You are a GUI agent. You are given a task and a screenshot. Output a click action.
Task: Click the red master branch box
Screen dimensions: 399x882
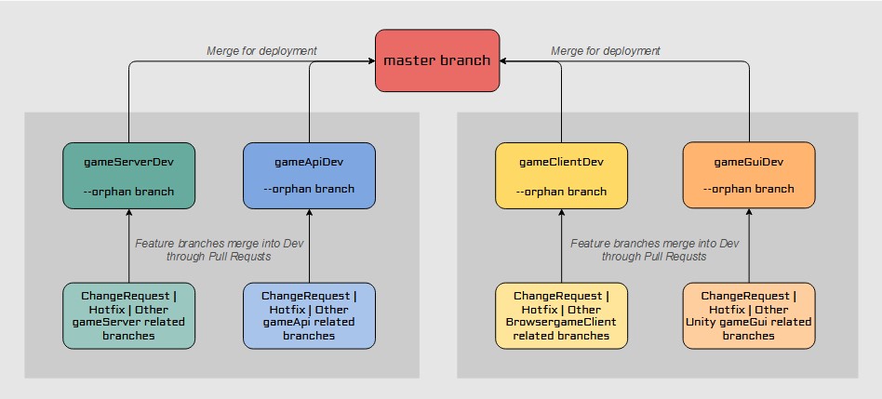point(437,60)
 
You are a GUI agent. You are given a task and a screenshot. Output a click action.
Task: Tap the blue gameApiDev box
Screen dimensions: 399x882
point(309,175)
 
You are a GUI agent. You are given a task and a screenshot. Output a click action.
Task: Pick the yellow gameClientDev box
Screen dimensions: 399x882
point(561,175)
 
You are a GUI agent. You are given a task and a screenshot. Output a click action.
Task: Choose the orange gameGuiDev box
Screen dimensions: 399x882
point(748,175)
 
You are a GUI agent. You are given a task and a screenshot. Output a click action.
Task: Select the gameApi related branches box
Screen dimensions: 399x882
point(309,315)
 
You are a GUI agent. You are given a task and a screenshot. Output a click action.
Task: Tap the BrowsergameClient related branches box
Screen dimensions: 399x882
point(561,315)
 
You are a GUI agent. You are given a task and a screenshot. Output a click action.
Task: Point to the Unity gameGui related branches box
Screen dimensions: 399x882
point(748,315)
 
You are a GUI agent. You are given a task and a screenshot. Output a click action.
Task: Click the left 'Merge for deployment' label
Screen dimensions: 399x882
point(261,50)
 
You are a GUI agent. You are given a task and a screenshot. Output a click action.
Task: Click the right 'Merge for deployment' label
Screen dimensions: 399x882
point(606,50)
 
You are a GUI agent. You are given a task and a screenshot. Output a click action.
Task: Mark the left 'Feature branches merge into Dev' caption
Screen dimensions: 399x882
point(218,249)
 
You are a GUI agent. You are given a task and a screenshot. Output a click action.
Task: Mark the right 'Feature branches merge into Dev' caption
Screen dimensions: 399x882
point(654,249)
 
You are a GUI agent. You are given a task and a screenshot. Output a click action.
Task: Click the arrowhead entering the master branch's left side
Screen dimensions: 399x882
point(370,62)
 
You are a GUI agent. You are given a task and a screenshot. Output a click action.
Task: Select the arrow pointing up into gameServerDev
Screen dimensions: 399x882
point(128,214)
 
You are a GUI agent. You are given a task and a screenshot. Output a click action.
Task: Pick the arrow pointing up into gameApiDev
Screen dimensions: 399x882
point(309,214)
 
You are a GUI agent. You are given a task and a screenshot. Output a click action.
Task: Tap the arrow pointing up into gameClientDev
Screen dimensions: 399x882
point(561,214)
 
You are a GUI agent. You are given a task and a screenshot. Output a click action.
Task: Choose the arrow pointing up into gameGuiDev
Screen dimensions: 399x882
point(748,214)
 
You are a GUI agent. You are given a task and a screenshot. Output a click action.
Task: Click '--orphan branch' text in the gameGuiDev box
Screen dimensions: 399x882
point(748,189)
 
